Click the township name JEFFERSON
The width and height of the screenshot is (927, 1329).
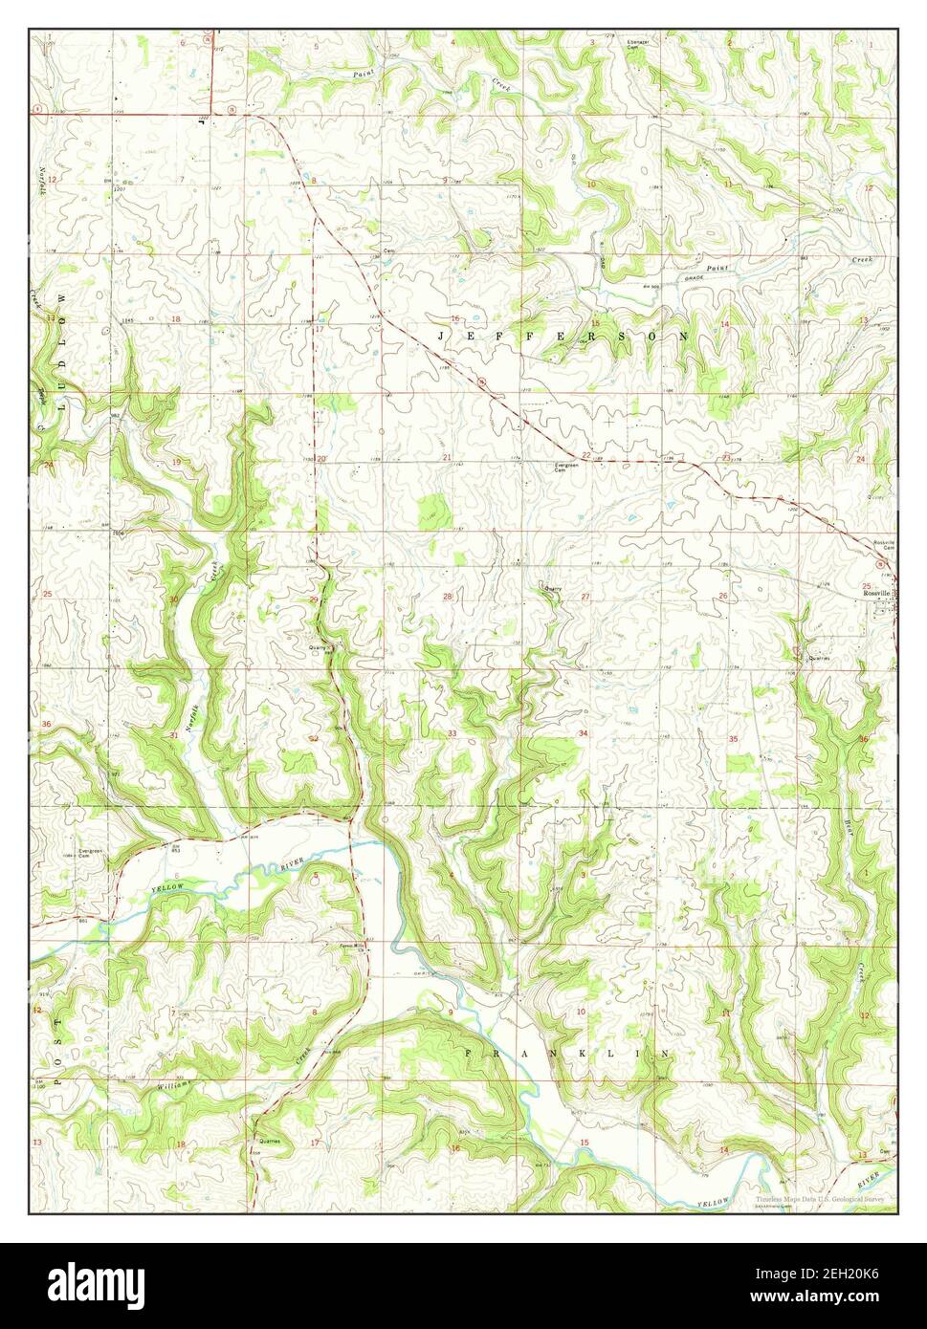pyautogui.click(x=563, y=337)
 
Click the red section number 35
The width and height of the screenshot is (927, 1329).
pyautogui.click(x=733, y=739)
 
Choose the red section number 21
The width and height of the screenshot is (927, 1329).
pyautogui.click(x=447, y=459)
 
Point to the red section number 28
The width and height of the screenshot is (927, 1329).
pyautogui.click(x=447, y=597)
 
